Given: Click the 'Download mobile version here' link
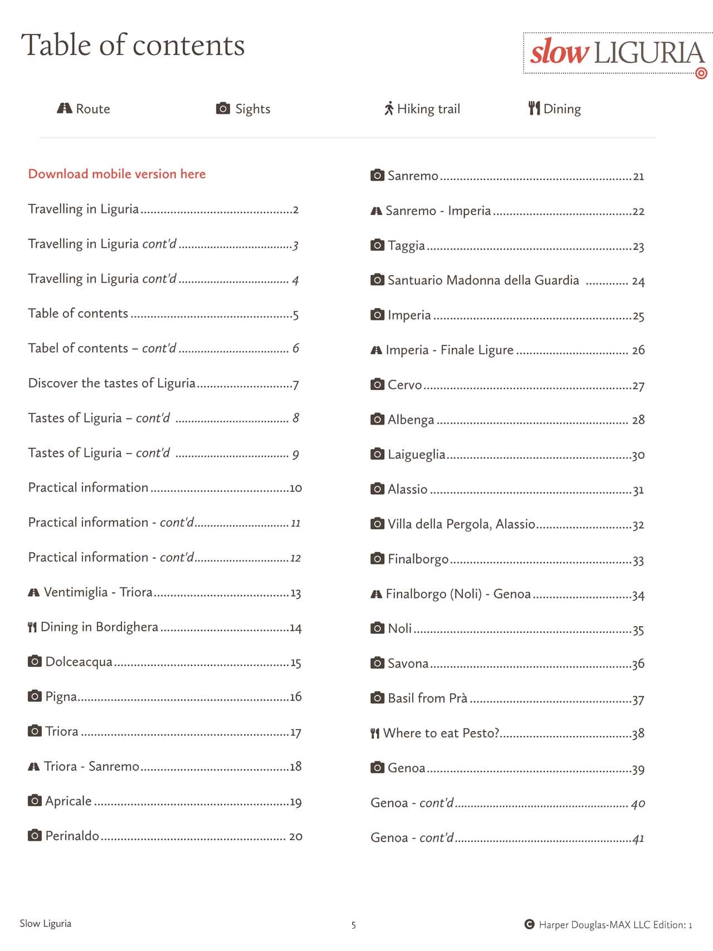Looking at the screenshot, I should pyautogui.click(x=117, y=174).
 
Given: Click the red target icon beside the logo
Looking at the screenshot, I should pyautogui.click(x=702, y=73).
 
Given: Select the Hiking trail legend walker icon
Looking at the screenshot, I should pyautogui.click(x=389, y=109).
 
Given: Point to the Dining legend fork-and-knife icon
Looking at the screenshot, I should pyautogui.click(x=534, y=108).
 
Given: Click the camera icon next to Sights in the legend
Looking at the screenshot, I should pyautogui.click(x=223, y=108).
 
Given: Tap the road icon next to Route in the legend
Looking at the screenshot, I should pyautogui.click(x=65, y=108).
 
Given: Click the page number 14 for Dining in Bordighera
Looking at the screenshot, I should pyautogui.click(x=295, y=628).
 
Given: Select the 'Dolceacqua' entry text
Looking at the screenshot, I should pyautogui.click(x=79, y=662).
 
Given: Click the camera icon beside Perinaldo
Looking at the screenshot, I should pyautogui.click(x=35, y=835).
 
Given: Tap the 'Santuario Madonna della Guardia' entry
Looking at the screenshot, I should pyautogui.click(x=483, y=280).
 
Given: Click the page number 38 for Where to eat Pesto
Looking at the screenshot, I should pyautogui.click(x=638, y=734).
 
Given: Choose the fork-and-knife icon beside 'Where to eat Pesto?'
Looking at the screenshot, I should pyautogui.click(x=375, y=734).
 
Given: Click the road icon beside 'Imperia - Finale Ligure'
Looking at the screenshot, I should pyautogui.click(x=376, y=350).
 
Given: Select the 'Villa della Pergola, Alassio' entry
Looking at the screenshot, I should pyautogui.click(x=461, y=524).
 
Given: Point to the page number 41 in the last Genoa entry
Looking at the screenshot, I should pyautogui.click(x=638, y=839).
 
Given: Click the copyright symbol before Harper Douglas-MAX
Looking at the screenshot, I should pyautogui.click(x=529, y=924).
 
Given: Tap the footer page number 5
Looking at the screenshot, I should pyautogui.click(x=353, y=925).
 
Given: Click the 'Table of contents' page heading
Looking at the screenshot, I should pyautogui.click(x=133, y=45).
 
